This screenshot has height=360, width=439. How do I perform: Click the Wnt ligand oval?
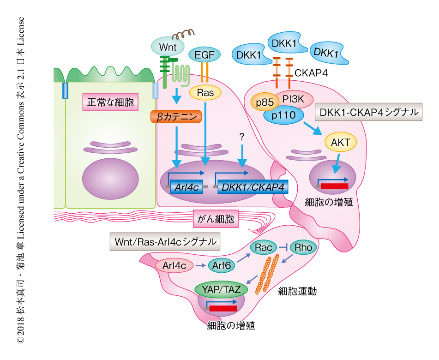(168, 47)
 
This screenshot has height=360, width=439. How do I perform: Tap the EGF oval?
(204, 54)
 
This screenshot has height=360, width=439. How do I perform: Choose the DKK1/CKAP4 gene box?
(252, 186)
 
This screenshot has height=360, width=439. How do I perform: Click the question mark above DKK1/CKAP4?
(241, 136)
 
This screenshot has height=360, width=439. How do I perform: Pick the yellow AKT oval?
(341, 143)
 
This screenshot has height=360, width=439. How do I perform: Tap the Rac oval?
(263, 247)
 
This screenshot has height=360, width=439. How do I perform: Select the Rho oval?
(303, 247)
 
